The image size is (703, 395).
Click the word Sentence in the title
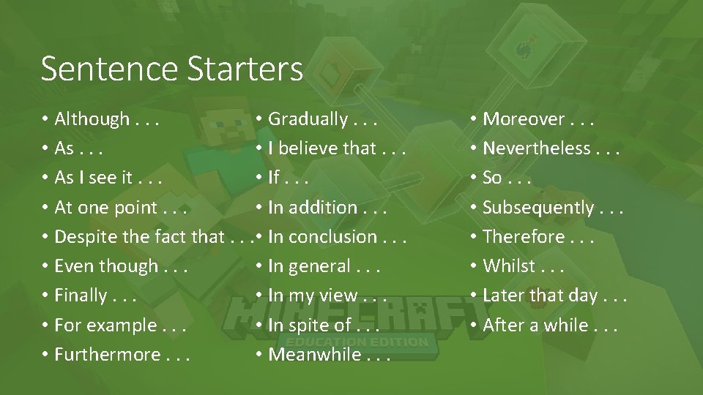tap(110, 69)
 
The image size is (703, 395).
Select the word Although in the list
tap(92, 119)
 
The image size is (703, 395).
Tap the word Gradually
tap(308, 119)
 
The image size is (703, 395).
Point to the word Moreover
tap(524, 119)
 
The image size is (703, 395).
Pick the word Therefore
tap(524, 237)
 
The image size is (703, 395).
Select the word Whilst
tap(509, 266)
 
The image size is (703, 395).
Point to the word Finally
tap(81, 296)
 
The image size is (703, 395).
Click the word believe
tap(308, 148)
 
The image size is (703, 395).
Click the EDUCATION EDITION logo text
tap(357, 342)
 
